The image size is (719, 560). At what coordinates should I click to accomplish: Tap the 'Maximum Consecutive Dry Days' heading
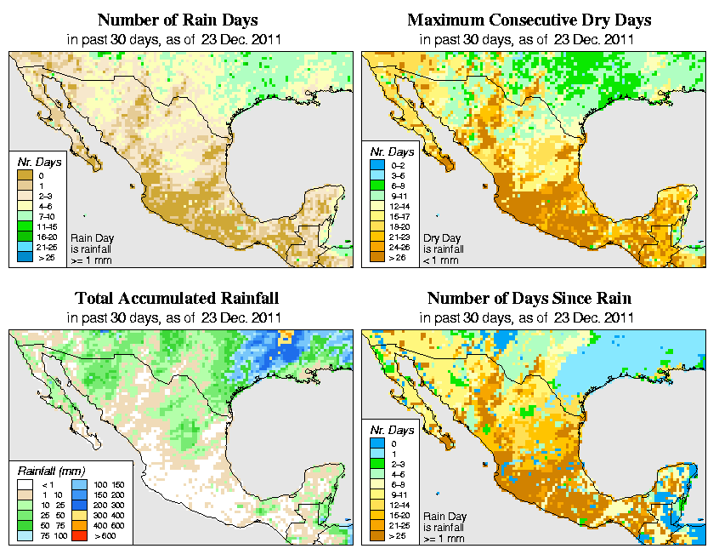(529, 20)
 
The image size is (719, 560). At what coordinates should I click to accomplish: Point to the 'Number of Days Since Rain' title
(529, 299)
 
